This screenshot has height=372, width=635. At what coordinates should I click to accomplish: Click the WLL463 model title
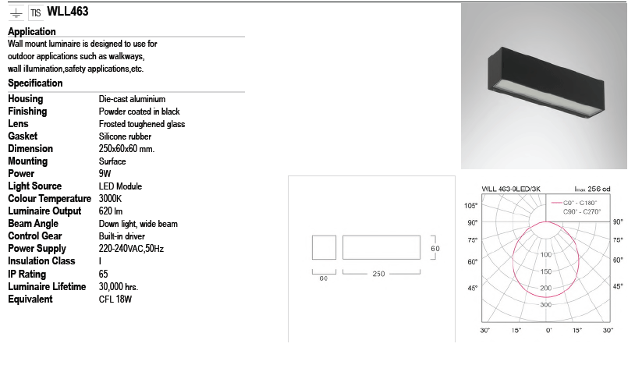[68, 12]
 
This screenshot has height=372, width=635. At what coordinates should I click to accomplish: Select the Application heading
[31, 32]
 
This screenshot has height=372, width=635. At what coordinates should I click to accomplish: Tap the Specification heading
[35, 83]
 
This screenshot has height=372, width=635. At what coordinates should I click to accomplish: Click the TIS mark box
[36, 12]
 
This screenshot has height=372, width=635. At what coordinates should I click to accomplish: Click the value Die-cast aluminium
[132, 99]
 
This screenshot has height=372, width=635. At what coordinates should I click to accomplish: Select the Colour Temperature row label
[49, 199]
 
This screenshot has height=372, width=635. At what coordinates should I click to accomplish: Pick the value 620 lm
[112, 211]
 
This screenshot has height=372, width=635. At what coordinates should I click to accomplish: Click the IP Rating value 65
[104, 274]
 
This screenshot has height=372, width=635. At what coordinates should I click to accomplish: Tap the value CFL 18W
[115, 299]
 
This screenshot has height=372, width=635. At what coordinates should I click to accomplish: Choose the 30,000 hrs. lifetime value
[119, 286]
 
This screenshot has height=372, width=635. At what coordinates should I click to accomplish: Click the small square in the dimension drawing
[324, 248]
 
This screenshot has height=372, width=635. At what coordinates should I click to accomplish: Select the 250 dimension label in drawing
[378, 275]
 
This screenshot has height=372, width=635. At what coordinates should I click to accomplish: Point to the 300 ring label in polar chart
[546, 305]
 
